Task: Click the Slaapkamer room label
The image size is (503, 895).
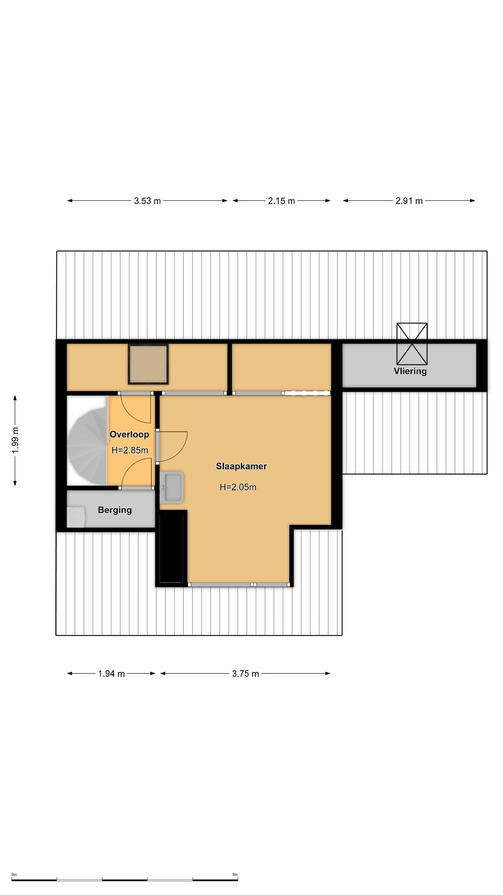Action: point(241,466)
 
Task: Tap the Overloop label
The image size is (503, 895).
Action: point(129,434)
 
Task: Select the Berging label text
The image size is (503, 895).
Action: point(115,510)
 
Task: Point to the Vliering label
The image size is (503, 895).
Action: point(410,371)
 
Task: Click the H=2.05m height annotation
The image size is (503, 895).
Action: point(238,487)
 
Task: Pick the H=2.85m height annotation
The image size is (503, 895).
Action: point(130,450)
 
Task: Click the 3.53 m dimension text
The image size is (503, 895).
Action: point(147,201)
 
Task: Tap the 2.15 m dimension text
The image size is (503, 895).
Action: point(281,201)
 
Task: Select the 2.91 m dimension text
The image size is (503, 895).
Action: point(409,201)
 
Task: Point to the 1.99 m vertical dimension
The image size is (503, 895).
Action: point(15,441)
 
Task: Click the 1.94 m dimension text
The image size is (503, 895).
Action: point(111,674)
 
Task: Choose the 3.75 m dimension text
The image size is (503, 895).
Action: point(245,674)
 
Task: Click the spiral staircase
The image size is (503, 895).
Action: point(87,441)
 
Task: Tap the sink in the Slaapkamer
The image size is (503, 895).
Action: point(171,488)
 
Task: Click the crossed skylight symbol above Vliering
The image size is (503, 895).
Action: point(412,344)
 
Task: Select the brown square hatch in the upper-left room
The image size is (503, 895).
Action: point(148,364)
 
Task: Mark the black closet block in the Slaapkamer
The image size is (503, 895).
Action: point(173,547)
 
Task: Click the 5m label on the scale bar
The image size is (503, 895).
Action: point(235,874)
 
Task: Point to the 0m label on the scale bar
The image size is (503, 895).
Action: point(14,874)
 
